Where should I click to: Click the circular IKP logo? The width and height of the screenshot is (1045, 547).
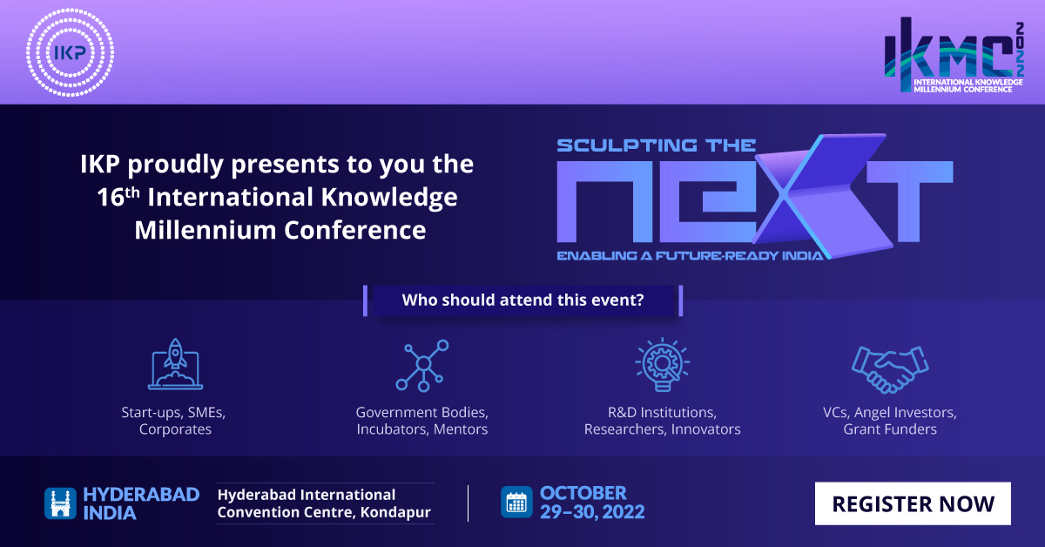tap(70, 52)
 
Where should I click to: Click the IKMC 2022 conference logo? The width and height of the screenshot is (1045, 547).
tap(954, 55)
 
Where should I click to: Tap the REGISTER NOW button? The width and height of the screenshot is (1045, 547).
tap(913, 503)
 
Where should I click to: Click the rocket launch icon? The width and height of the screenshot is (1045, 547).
tap(175, 364)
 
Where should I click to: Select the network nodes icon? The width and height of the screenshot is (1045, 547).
tap(422, 366)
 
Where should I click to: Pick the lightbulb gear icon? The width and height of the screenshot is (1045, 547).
tap(663, 364)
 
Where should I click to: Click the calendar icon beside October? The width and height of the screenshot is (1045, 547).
tap(516, 503)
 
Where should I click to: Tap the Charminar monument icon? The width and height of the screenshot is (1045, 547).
tap(60, 503)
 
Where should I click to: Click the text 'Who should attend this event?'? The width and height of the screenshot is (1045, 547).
tap(523, 301)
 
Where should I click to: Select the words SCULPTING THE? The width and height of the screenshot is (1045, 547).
tap(656, 145)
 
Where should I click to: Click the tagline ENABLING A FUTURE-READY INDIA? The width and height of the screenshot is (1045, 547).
tap(690, 256)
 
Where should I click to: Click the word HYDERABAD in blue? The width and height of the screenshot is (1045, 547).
tap(141, 495)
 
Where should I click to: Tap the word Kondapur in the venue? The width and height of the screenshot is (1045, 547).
tap(395, 512)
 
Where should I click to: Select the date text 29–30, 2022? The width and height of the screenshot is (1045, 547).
tap(592, 512)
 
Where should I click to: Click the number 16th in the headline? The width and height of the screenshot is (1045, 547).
tap(118, 197)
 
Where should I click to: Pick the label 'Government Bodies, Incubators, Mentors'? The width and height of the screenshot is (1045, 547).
tap(422, 421)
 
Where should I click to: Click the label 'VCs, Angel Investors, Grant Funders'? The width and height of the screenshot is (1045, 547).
tap(890, 421)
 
